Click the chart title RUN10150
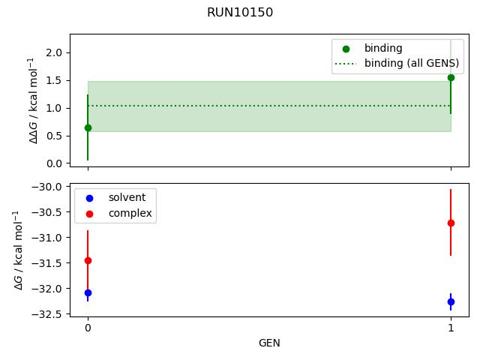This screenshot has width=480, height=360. (240, 13)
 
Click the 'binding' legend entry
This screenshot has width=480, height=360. (382, 48)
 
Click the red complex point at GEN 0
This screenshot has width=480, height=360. (88, 260)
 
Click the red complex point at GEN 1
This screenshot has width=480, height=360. (451, 223)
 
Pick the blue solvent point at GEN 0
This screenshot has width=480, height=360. (88, 292)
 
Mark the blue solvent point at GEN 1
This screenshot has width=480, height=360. (451, 301)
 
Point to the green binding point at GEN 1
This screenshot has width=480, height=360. (451, 77)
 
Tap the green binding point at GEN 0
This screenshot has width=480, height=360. (88, 127)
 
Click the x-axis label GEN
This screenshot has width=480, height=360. (269, 343)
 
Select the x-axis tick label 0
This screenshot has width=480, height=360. (88, 328)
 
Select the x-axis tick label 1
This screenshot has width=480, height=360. (451, 328)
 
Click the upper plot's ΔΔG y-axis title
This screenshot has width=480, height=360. (33, 100)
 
